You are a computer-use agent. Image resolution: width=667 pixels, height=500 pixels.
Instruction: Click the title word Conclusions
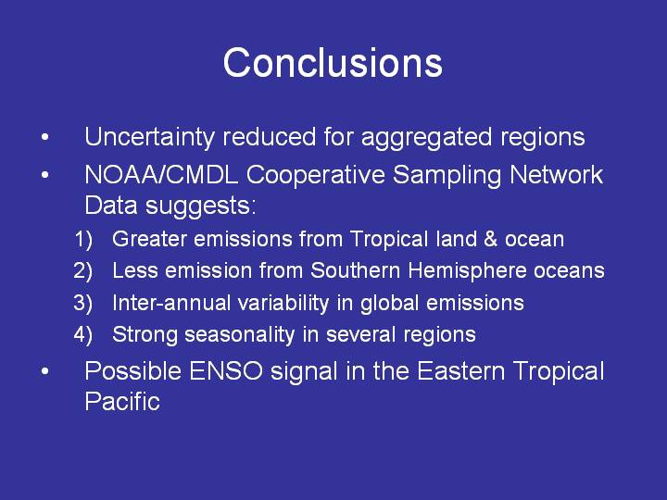(333, 63)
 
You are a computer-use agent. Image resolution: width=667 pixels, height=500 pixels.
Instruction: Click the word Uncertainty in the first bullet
(149, 138)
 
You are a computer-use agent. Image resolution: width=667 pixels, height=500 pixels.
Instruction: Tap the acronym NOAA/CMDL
(161, 174)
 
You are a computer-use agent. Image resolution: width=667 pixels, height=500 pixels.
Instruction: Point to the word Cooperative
(315, 176)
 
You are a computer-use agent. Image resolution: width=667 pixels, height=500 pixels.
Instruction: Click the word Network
(556, 174)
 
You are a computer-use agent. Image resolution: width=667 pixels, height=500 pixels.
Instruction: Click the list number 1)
(83, 240)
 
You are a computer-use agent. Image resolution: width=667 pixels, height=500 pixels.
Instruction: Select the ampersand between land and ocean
(490, 239)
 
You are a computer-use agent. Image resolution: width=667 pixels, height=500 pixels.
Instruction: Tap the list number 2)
(83, 271)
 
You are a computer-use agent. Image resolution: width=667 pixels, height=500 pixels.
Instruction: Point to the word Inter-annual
(171, 303)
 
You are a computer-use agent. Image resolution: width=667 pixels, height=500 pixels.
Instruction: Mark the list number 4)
(83, 335)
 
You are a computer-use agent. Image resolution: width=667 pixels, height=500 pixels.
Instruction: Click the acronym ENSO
(226, 371)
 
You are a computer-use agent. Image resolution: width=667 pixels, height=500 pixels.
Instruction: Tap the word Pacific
(122, 401)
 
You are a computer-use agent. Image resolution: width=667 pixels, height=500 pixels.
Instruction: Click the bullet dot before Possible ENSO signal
(45, 371)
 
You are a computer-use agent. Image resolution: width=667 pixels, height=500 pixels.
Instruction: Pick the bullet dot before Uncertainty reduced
(45, 137)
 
